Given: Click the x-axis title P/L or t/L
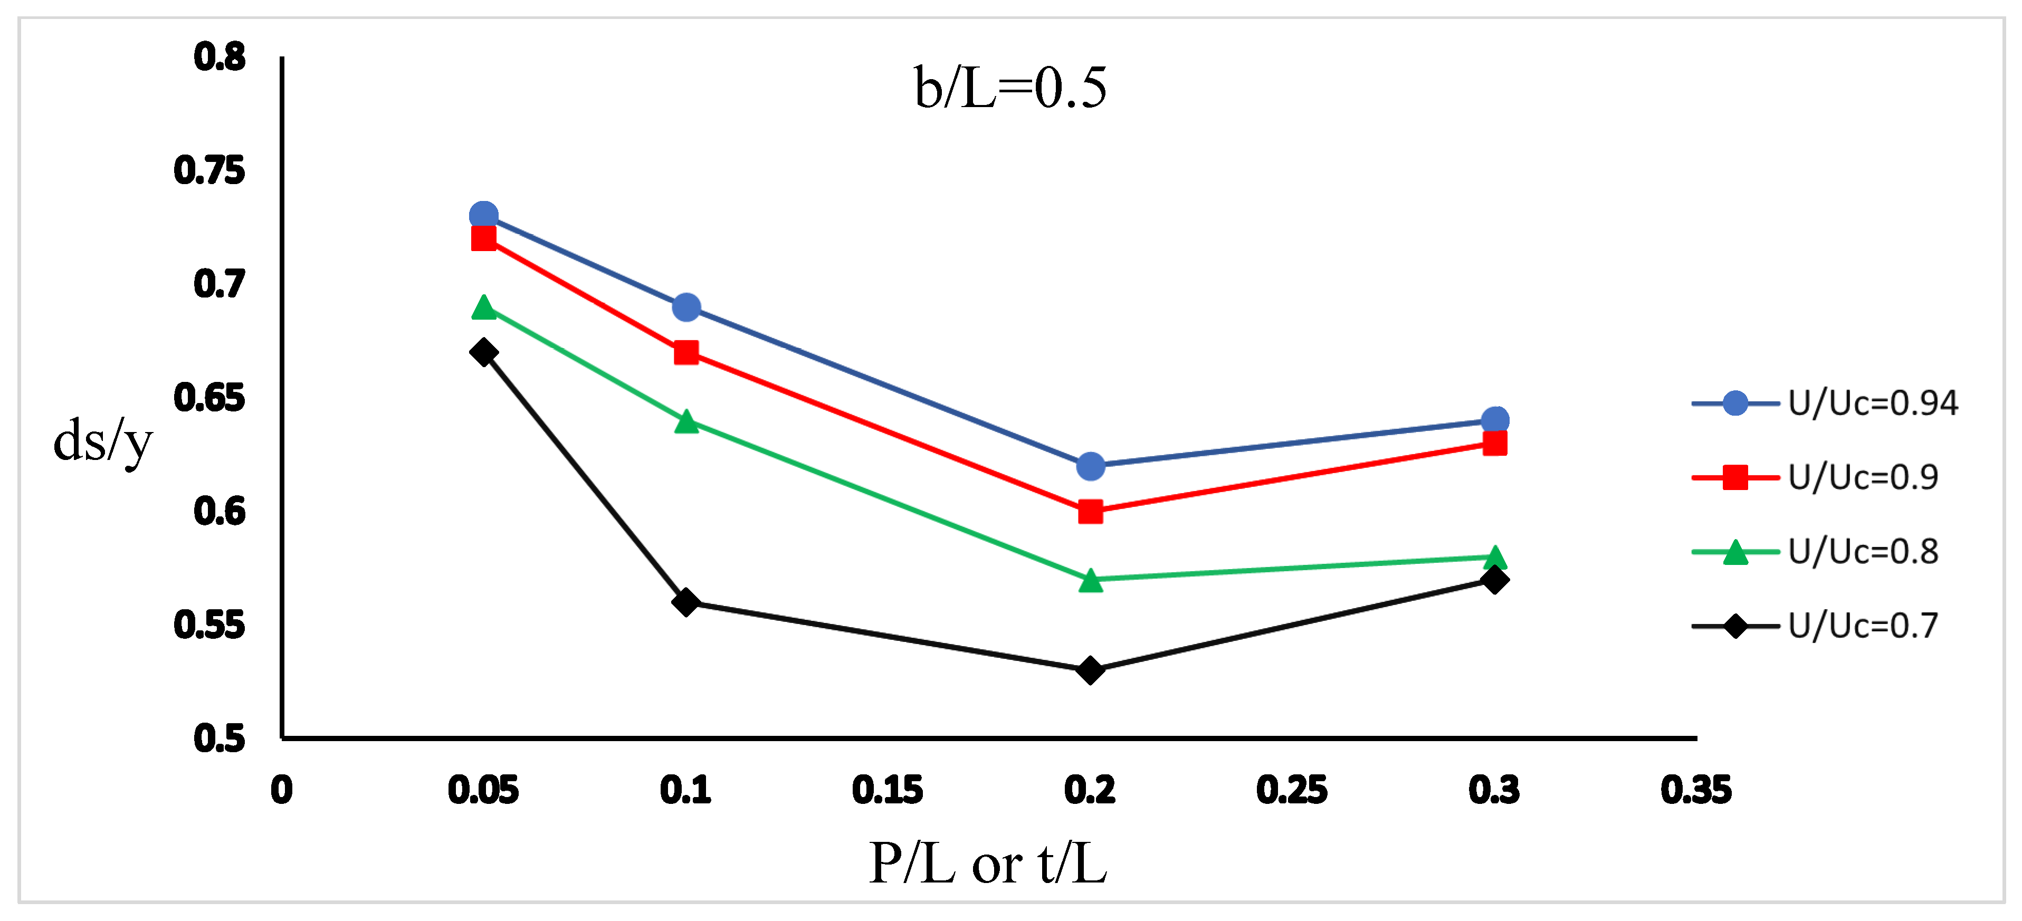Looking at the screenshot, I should (x=987, y=864).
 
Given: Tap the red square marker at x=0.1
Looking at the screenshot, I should (x=686, y=352).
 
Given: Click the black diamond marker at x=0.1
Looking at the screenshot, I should (x=686, y=602).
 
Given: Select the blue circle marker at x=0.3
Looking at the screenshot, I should (x=1494, y=420).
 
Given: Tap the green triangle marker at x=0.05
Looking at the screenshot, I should (x=483, y=308).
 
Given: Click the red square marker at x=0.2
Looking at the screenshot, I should (x=1090, y=512).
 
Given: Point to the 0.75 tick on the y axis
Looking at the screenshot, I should (x=209, y=170).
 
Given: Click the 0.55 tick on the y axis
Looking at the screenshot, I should (x=209, y=625).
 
